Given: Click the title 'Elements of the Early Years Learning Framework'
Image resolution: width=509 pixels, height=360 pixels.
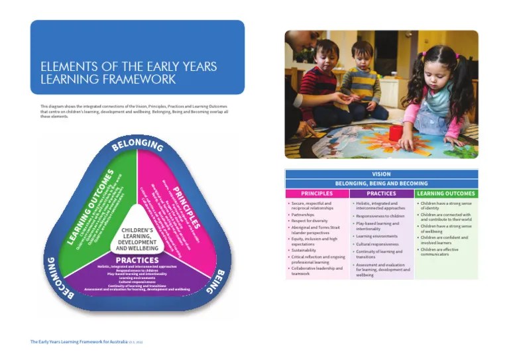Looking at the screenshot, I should coord(129,73).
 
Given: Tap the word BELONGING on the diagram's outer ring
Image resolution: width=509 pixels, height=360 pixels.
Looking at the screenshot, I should coord(137,144).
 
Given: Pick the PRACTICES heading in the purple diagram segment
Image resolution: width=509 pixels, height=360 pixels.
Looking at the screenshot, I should coord(137,260).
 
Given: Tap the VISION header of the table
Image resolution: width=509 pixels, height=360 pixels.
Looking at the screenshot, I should coord(381,174).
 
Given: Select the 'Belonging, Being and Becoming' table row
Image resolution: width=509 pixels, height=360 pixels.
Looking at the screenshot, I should coord(381,184).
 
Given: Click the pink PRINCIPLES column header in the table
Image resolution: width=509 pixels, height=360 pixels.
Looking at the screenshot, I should coord(317,194).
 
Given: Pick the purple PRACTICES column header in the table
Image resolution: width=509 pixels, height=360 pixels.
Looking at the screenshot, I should coord(381,194).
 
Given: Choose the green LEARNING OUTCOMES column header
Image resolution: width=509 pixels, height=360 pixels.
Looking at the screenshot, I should coord(446,194).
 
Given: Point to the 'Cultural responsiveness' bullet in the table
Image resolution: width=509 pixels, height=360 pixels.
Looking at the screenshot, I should coord(377,244).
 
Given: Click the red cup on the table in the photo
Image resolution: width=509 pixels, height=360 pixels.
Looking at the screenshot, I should coord(396,133).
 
